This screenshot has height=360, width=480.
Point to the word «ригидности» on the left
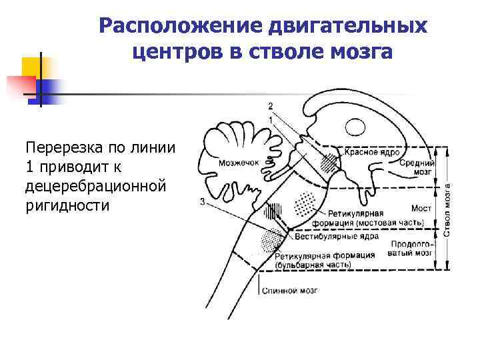pyautogui.click(x=67, y=205)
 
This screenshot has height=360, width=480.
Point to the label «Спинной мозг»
pyautogui.click(x=289, y=291)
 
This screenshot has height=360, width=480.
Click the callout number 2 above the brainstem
pyautogui.click(x=270, y=106)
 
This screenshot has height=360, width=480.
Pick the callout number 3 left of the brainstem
pyautogui.click(x=201, y=202)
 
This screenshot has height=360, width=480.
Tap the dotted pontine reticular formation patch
pyautogui.click(x=305, y=202)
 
